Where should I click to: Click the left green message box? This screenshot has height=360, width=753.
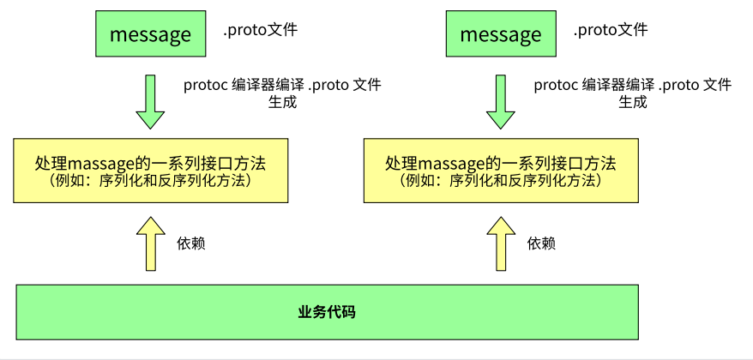coord(150,34)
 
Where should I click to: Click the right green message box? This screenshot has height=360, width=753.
coord(501,34)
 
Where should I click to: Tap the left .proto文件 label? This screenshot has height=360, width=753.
coord(260,31)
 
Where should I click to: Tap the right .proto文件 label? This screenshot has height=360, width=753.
coord(610,31)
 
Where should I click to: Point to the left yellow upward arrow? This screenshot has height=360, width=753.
coord(150,243)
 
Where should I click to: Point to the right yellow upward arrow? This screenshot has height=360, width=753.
coord(501,243)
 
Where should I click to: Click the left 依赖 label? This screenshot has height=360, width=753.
coord(190,243)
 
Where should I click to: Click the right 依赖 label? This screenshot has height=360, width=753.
coord(541,243)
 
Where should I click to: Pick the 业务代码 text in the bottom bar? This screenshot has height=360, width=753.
coord(327,311)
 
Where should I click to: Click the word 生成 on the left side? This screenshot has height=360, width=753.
coord(282,101)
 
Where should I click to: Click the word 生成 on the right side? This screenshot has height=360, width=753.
coord(633,101)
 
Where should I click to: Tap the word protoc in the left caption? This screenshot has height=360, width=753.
coord(205,85)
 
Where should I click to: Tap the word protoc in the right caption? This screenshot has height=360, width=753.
coord(555,85)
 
